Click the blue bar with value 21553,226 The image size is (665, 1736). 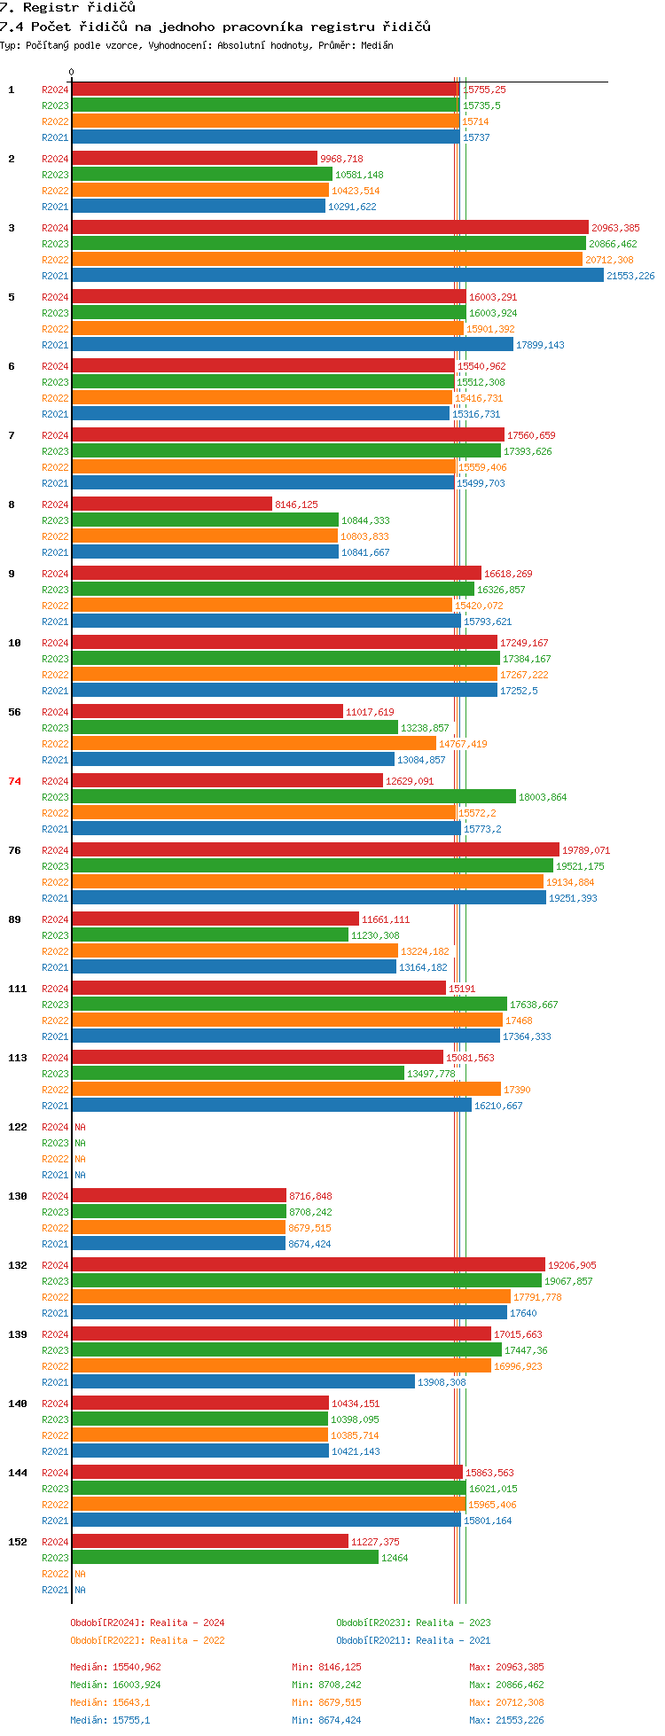point(338,276)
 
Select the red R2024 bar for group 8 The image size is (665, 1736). point(172,504)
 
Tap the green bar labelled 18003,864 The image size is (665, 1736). point(293,797)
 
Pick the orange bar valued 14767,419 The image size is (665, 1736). point(254,744)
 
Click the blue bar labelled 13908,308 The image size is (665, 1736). point(243,1382)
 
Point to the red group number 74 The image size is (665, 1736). point(14,781)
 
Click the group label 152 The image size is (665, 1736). point(18,1542)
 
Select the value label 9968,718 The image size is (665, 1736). point(341,159)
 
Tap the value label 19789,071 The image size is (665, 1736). point(586,850)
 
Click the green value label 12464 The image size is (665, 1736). point(395,1558)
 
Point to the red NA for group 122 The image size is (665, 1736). point(80,1127)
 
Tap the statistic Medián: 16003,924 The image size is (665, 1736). point(115,1685)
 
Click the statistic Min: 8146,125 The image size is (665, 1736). point(326,1667)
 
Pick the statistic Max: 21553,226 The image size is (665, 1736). point(506,1720)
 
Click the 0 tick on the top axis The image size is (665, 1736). point(72,73)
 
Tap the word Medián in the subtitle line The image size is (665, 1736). point(377,45)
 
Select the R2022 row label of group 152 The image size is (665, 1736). point(55,1574)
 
